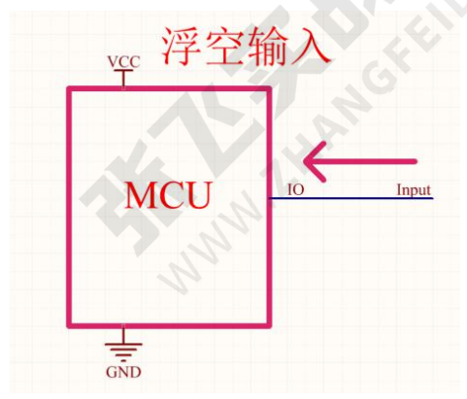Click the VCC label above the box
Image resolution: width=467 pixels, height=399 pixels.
point(123,61)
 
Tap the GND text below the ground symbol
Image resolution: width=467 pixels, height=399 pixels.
point(123,372)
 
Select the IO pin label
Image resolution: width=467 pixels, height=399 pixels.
point(296,189)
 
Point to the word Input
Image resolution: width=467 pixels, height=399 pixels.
point(414,190)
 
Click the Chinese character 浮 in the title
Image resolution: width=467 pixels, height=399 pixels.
point(182,47)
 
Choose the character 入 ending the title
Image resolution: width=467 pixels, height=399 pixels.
point(311,47)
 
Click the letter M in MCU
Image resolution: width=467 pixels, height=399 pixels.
point(141,195)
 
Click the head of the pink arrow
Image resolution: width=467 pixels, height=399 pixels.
point(305,161)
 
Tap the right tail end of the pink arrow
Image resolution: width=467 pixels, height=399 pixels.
point(416,161)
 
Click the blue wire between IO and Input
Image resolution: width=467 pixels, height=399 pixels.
point(351,198)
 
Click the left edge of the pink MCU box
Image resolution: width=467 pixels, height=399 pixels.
point(69,207)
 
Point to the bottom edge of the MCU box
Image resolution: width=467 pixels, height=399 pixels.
point(169,325)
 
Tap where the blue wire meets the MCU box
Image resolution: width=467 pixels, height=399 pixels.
point(270,198)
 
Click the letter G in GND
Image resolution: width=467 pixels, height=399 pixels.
point(112,372)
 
